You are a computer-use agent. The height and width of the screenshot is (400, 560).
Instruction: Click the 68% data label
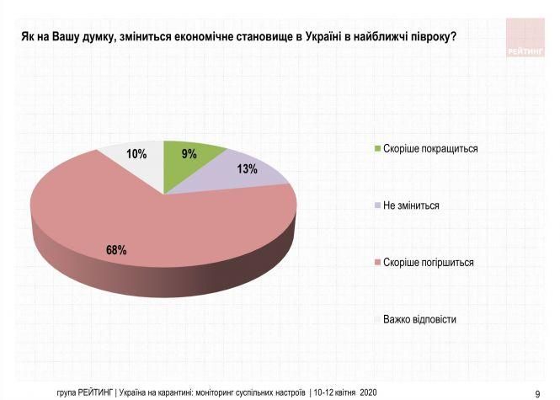[116, 250]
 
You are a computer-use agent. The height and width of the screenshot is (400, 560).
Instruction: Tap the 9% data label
[189, 154]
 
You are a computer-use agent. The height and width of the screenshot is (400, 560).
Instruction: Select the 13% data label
[247, 169]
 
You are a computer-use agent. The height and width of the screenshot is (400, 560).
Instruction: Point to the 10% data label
[136, 154]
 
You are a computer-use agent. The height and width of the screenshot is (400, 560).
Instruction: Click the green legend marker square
[376, 148]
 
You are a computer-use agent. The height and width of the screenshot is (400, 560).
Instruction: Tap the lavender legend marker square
[376, 205]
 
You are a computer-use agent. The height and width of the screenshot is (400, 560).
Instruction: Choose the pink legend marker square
[376, 263]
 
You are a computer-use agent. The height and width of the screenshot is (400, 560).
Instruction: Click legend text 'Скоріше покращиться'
[430, 148]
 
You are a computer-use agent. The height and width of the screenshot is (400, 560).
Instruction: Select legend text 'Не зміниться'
[412, 205]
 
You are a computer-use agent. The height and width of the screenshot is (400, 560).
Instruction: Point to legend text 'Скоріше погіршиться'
[429, 263]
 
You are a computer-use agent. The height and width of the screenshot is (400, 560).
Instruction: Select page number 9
[538, 393]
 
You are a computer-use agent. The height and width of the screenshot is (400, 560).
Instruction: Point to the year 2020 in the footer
[367, 392]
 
